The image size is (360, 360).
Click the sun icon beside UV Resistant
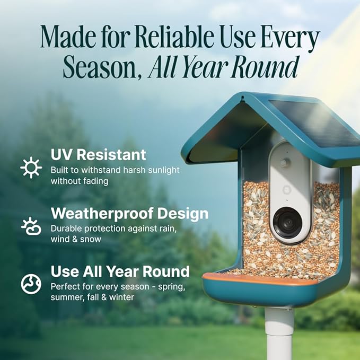(x=31, y=168)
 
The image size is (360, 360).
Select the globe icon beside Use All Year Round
(x=31, y=284)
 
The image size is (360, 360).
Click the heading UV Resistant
(x=98, y=155)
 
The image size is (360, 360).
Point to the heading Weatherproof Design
(x=129, y=214)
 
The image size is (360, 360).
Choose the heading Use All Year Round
(x=120, y=271)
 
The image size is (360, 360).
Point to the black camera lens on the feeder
(x=288, y=221)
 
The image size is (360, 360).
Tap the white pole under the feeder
(x=279, y=334)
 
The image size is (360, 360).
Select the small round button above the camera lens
(x=284, y=163)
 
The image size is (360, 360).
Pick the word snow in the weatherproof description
(x=91, y=239)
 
